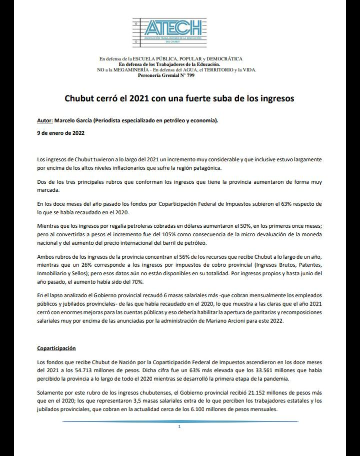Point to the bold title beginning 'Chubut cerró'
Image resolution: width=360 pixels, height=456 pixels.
pyautogui.click(x=179, y=98)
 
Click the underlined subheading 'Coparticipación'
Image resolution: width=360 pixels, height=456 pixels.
pyautogui.click(x=56, y=348)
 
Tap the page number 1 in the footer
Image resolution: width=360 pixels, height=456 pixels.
pyautogui.click(x=179, y=427)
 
